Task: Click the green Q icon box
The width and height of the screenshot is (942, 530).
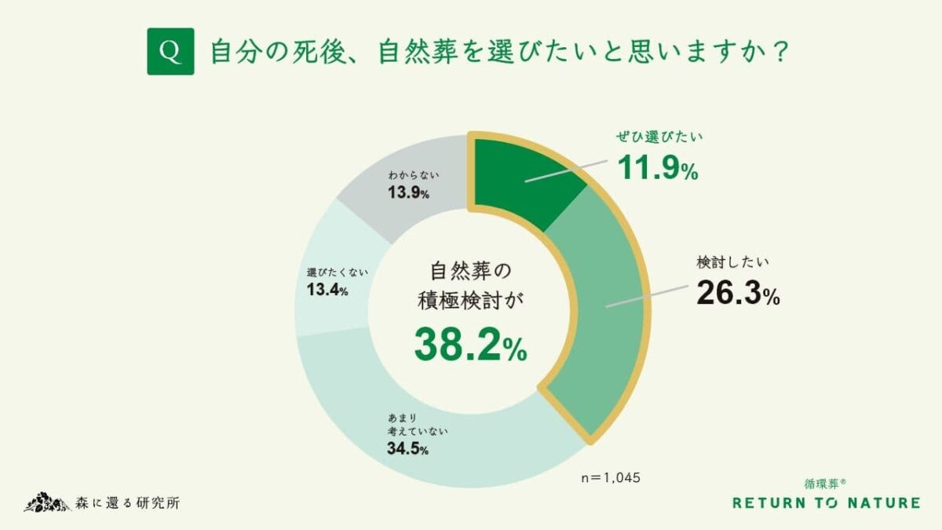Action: click(170, 52)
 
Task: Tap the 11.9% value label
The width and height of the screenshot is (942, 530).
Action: click(657, 168)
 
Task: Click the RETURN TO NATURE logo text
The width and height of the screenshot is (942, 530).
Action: click(826, 503)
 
